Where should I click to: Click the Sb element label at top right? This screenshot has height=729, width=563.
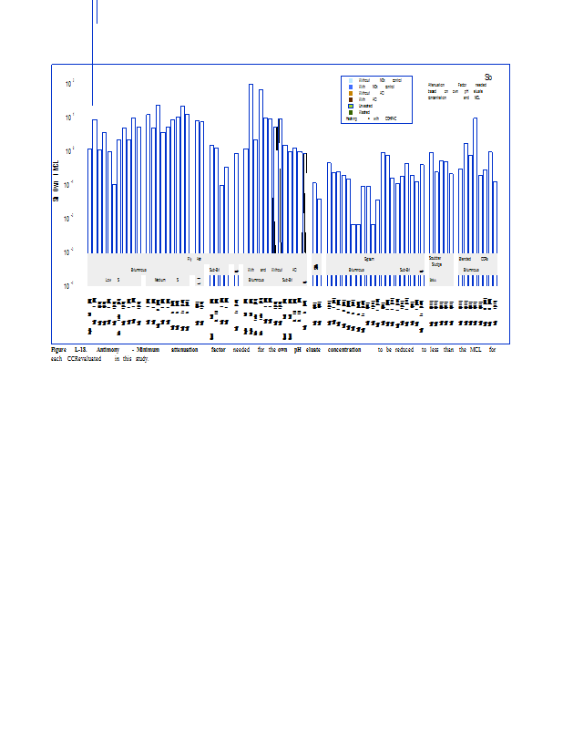tap(488, 77)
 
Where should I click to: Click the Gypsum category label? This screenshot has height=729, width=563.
tap(369, 259)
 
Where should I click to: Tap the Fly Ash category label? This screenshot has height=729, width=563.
tap(194, 259)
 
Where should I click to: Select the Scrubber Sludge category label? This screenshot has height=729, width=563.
tap(435, 262)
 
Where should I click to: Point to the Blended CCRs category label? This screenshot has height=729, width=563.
tap(474, 259)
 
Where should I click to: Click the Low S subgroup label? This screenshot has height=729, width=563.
tap(112, 280)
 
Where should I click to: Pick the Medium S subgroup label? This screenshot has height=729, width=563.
tap(166, 280)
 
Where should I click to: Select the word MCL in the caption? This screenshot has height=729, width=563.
tap(465, 350)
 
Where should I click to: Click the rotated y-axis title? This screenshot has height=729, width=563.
tap(56, 177)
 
